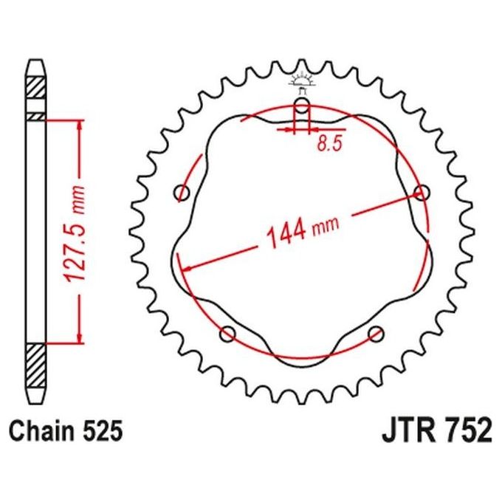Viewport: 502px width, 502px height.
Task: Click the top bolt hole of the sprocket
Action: [x=301, y=105]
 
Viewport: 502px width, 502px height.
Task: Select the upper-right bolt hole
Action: [x=422, y=193]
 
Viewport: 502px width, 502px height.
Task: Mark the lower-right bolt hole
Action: [x=375, y=332]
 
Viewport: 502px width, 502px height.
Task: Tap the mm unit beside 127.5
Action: [x=78, y=199]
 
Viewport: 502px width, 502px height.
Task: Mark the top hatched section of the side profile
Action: [x=36, y=95]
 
